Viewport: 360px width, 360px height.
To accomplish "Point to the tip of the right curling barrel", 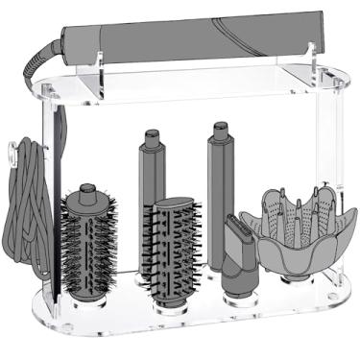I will (220, 126).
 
